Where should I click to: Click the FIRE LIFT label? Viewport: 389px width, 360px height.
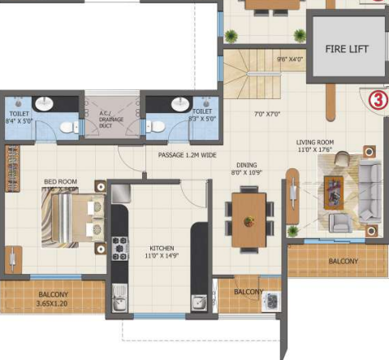[347, 49]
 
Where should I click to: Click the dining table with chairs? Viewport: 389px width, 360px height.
[249, 208]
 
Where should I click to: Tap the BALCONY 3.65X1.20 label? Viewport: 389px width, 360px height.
[54, 298]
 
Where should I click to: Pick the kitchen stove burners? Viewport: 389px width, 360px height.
[120, 245]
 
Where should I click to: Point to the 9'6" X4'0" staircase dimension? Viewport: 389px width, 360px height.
[289, 59]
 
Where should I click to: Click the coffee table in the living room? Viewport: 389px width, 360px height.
[335, 189]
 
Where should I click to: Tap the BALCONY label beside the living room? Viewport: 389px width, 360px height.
[343, 261]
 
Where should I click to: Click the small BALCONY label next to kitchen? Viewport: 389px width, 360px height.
[248, 292]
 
